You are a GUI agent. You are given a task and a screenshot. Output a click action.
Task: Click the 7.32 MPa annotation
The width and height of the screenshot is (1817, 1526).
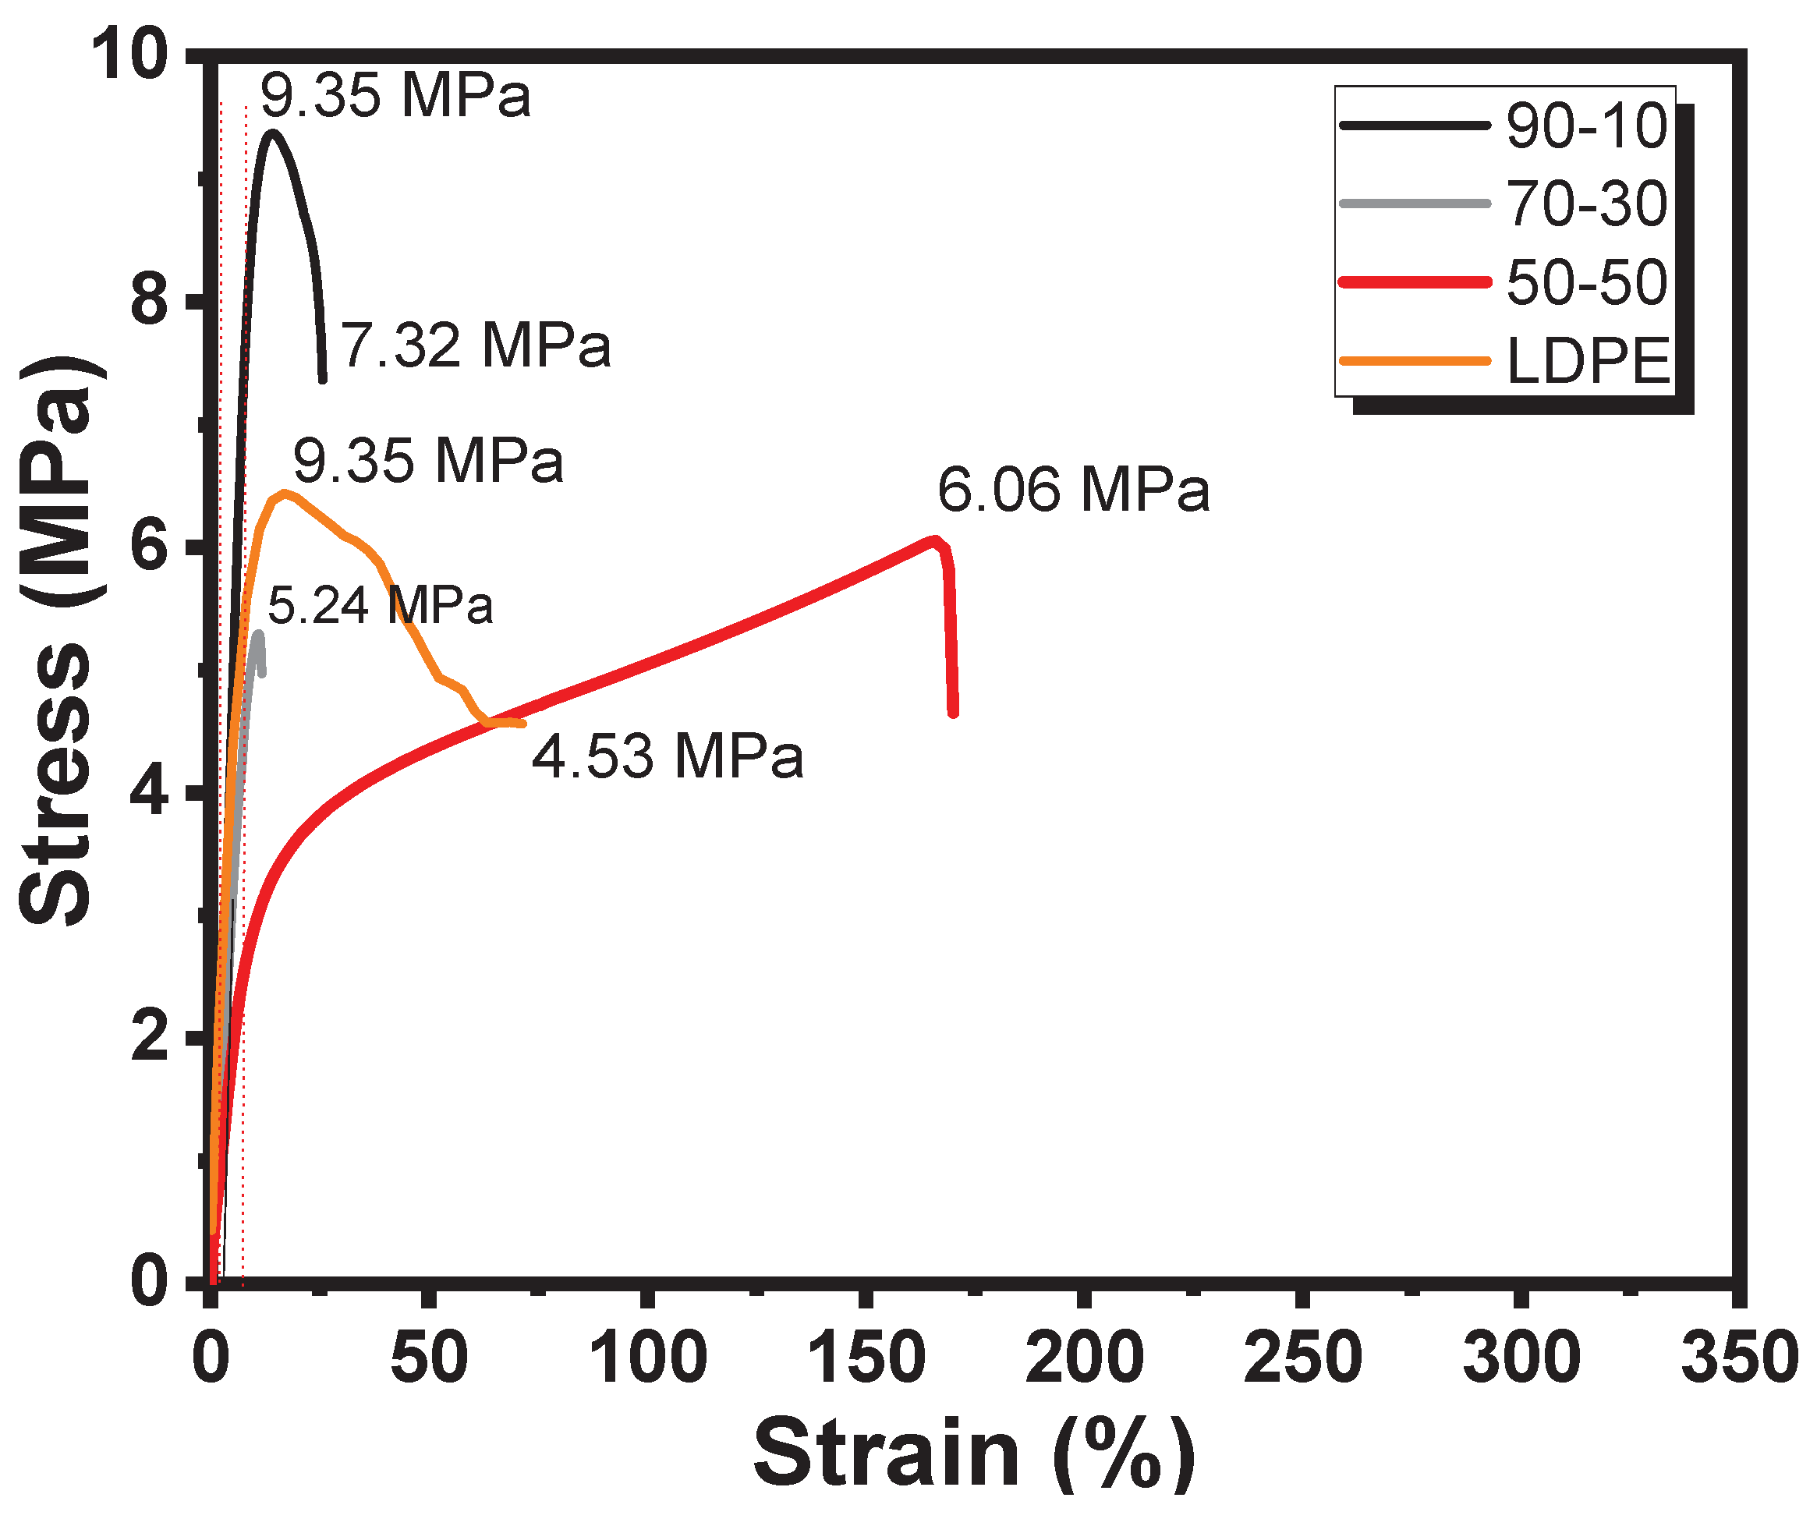click(476, 345)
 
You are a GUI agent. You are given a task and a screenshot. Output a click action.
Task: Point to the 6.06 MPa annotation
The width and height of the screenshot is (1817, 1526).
click(1073, 490)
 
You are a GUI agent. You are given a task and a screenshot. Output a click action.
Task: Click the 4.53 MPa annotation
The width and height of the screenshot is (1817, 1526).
click(667, 756)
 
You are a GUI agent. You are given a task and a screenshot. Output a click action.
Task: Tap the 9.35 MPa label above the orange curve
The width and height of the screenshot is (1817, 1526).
click(428, 460)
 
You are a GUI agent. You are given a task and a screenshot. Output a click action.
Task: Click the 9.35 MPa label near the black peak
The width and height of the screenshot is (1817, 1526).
click(395, 95)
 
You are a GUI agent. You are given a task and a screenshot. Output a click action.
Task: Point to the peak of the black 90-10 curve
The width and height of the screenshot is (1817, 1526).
click(273, 133)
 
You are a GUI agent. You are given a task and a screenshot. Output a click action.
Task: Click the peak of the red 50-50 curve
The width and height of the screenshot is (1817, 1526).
click(933, 539)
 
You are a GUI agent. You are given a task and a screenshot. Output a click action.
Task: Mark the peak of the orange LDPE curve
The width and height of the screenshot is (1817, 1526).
click(284, 493)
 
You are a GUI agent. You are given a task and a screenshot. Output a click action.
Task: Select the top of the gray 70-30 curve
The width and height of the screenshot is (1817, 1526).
click(259, 633)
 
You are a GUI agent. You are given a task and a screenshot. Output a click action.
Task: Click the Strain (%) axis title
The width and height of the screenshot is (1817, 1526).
click(973, 1455)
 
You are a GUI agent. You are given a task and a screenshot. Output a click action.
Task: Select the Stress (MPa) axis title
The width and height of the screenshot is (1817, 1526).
click(56, 640)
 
